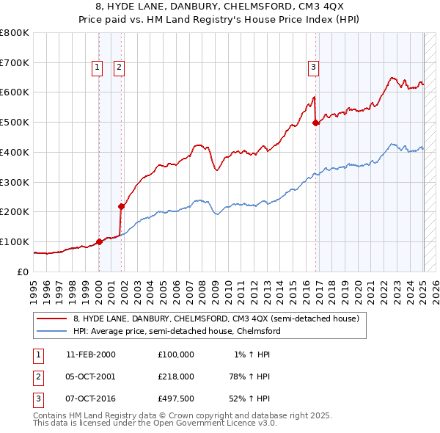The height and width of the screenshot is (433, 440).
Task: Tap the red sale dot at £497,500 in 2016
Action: point(316,123)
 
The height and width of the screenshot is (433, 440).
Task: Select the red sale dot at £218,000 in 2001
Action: point(121,206)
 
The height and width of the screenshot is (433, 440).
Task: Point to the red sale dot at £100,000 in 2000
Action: point(100,241)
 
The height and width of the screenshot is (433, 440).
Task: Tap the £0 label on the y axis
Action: point(23,272)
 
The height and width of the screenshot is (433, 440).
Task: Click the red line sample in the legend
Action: point(51,319)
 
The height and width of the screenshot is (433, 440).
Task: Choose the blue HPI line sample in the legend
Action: point(51,331)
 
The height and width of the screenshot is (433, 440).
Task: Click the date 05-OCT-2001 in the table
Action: point(91,376)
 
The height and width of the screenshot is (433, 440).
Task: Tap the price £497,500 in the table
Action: point(176,399)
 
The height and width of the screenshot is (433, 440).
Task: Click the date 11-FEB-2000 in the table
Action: point(91,354)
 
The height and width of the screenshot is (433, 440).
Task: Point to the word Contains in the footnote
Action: point(51,415)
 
